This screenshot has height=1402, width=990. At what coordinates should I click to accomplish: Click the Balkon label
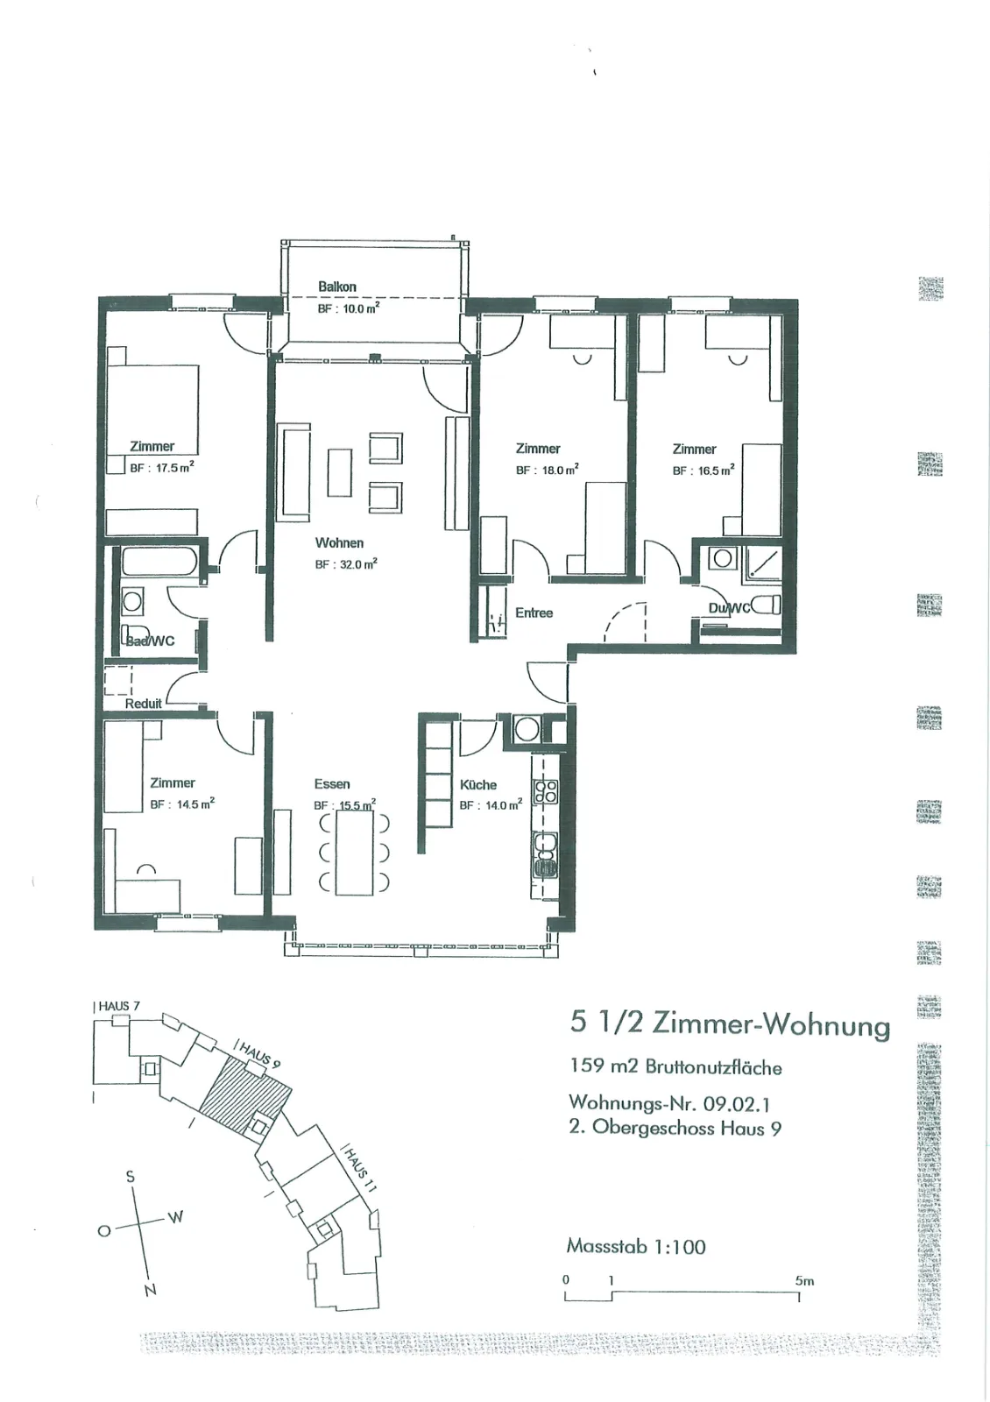[337, 287]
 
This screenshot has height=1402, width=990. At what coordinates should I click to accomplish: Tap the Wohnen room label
[339, 542]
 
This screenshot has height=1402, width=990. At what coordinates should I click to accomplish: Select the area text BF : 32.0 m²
[346, 564]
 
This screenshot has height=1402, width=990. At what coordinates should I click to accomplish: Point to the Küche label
[478, 785]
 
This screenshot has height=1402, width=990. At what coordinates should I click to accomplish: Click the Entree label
[534, 612]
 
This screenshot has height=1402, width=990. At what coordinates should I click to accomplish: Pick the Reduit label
[144, 704]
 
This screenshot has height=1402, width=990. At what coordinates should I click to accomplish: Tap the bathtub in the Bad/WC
[161, 562]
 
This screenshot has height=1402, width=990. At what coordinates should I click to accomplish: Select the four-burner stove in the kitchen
[545, 791]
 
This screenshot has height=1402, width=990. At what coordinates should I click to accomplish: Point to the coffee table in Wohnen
[340, 472]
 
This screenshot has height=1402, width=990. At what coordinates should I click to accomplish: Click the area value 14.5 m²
[195, 804]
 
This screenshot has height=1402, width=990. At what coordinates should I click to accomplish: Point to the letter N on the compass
[150, 1290]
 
